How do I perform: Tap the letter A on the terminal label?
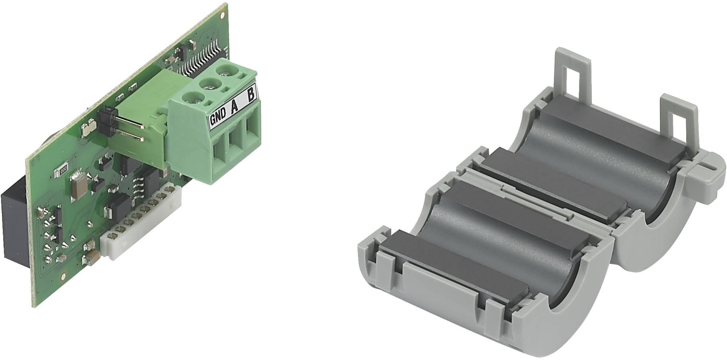coord(234,106)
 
